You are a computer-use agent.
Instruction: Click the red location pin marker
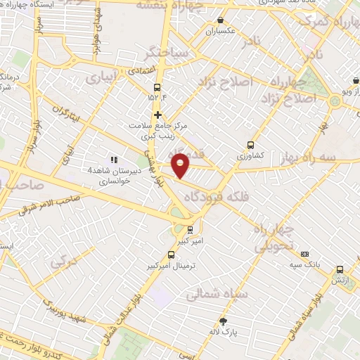181,164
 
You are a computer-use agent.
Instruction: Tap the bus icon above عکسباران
222,21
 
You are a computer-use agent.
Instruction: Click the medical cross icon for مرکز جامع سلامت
157,115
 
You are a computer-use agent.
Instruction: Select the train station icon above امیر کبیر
190,229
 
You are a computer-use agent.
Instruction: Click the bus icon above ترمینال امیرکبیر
171,255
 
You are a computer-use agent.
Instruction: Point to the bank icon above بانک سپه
304,254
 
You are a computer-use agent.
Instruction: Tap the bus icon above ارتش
340,269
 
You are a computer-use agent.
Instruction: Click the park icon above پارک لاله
224,321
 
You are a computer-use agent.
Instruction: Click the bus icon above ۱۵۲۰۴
156,88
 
